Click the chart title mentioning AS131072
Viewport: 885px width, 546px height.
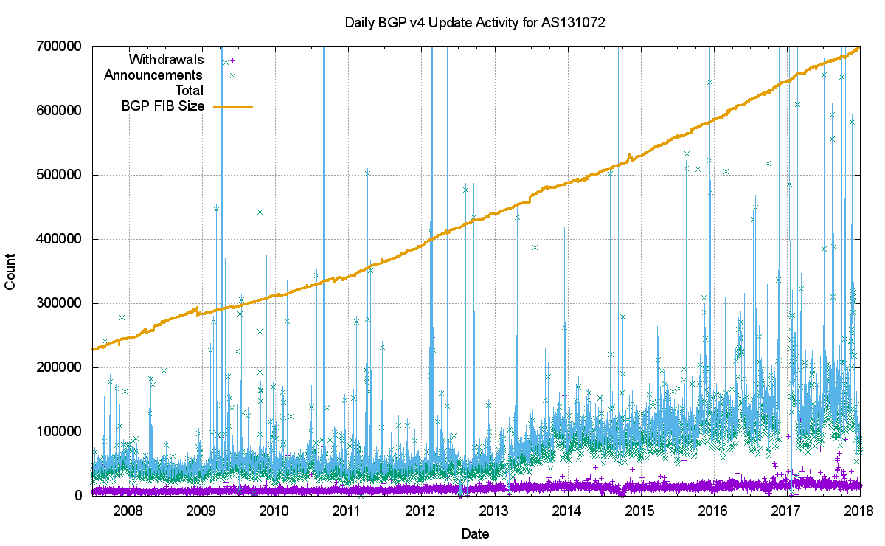click(x=475, y=23)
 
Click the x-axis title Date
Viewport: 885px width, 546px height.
click(x=475, y=533)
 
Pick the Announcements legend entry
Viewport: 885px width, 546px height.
click(x=153, y=75)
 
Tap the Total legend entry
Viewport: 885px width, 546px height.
click(x=187, y=91)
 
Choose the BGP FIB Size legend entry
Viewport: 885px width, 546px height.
click(x=162, y=106)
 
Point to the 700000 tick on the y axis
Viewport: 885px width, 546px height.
click(x=61, y=46)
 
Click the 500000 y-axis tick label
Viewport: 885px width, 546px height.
click(x=61, y=175)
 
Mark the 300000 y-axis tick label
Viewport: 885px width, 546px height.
click(x=61, y=303)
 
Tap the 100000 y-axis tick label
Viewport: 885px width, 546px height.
click(x=61, y=432)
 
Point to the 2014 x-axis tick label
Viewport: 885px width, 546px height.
click(x=566, y=511)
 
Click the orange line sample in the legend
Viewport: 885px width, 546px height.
click(x=232, y=106)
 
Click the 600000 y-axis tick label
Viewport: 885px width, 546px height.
click(x=61, y=111)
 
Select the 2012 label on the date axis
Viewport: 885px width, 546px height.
click(x=420, y=511)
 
